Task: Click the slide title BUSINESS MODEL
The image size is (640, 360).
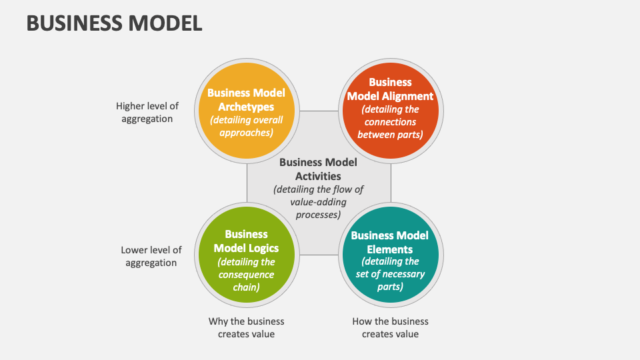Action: point(114,23)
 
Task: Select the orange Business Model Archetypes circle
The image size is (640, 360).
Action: point(247,111)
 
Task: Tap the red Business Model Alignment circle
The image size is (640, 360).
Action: point(391,111)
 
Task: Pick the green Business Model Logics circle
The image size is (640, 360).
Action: point(247,255)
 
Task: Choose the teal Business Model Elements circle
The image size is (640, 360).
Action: point(391,255)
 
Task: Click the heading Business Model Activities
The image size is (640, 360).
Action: point(319,169)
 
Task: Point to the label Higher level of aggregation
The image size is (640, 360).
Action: point(147,112)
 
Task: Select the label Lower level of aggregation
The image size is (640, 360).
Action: point(151,256)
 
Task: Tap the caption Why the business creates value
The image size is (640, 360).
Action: point(246,327)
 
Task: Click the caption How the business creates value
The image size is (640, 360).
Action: point(390,327)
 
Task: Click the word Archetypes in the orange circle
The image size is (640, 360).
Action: point(246,107)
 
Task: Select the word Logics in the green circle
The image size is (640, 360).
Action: point(263,249)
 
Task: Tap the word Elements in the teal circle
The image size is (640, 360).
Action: point(390,249)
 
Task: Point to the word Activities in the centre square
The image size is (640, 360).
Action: point(319,176)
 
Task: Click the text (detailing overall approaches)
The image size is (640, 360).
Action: point(246,126)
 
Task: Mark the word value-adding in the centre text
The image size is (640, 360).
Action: point(319,202)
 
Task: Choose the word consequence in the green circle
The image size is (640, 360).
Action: point(246,275)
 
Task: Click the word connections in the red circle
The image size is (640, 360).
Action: point(390,122)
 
